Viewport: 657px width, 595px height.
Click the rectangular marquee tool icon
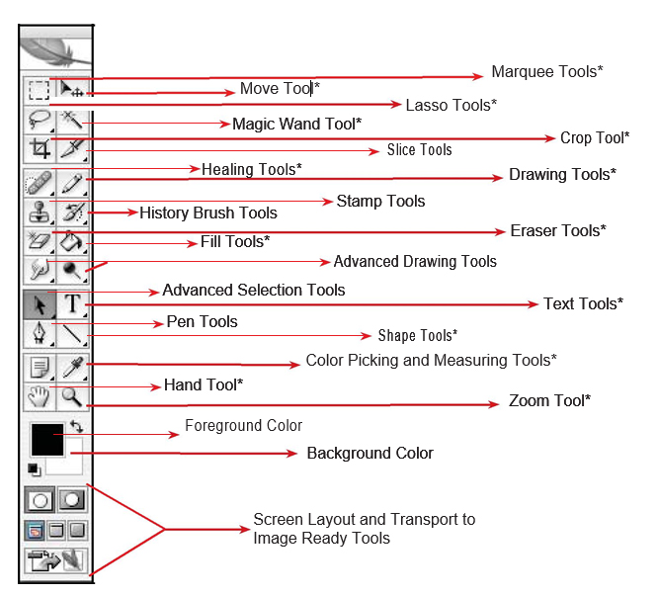coord(38,91)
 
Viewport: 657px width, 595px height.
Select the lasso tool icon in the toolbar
coord(38,122)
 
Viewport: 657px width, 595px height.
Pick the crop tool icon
coord(39,149)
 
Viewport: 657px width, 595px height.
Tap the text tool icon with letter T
coord(72,303)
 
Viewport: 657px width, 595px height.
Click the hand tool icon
coord(39,397)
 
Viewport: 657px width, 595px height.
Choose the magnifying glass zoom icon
coord(72,397)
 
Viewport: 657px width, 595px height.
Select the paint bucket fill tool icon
coord(72,241)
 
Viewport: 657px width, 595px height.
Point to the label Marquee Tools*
coord(546,72)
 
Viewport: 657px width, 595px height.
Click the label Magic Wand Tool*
coord(296,124)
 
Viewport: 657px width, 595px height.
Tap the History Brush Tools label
coord(207,212)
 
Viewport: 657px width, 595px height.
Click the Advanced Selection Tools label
coord(254,290)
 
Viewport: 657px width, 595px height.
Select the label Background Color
coord(370,453)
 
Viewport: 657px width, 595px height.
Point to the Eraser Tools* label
coord(557,230)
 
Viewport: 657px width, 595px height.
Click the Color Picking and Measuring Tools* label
coord(431,360)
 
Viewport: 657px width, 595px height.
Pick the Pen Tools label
coord(201,321)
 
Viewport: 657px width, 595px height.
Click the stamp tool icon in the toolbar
coord(39,212)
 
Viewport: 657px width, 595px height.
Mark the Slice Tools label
coord(419,150)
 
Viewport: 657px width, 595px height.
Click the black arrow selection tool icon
coord(39,303)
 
